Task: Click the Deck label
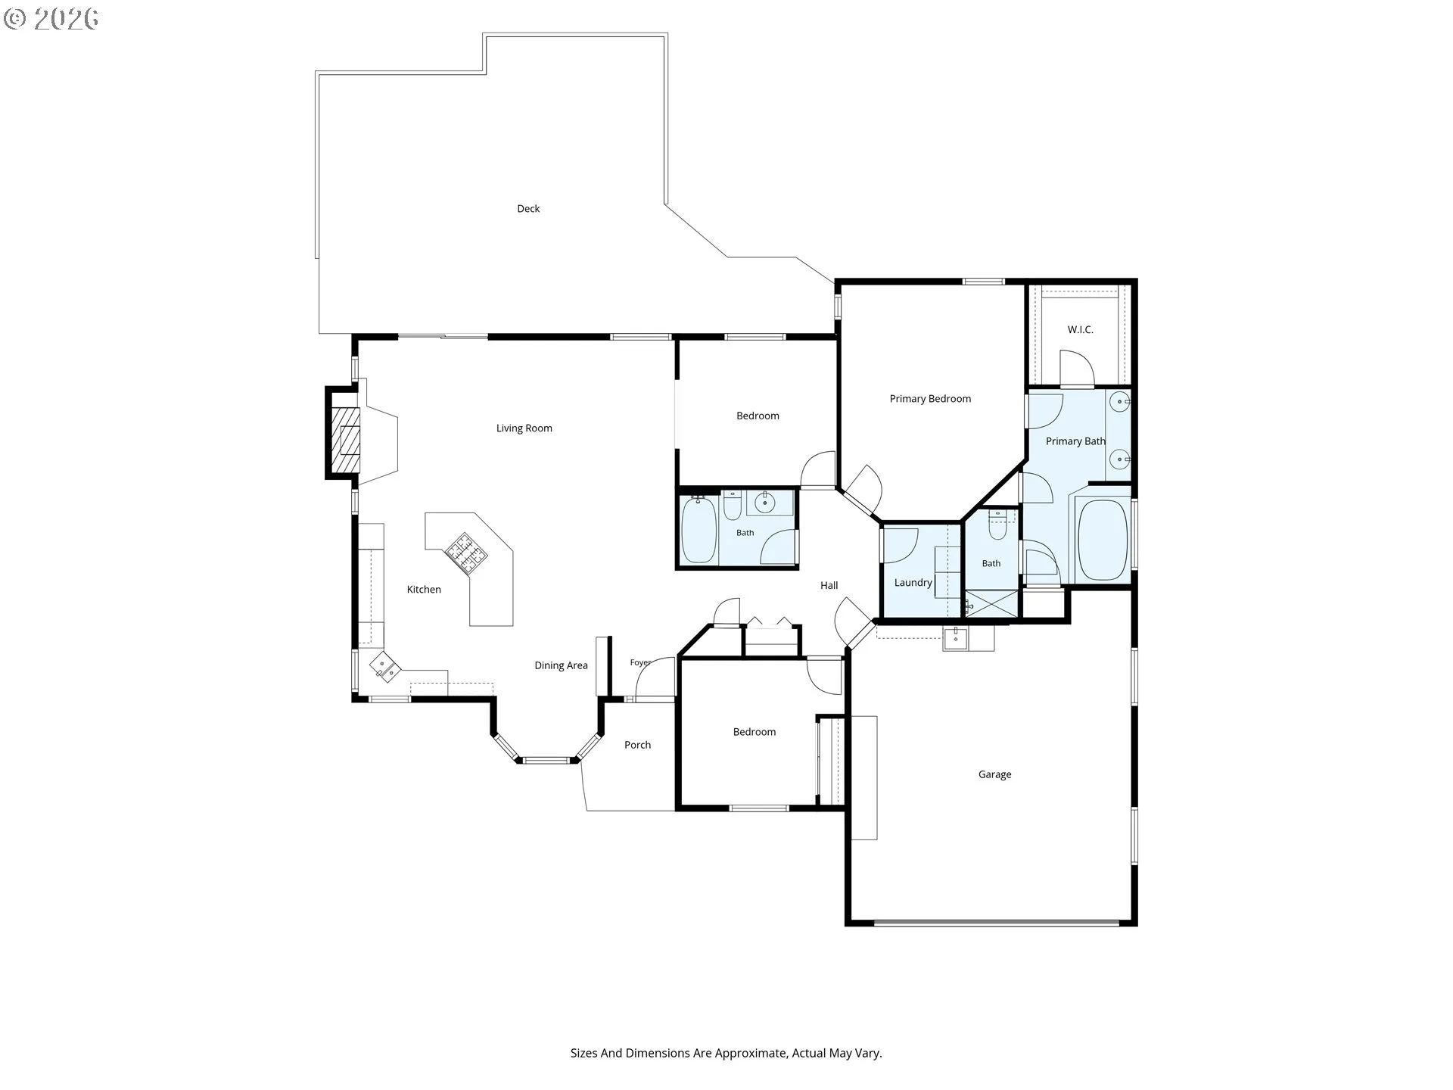click(x=528, y=209)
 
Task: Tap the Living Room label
click(x=524, y=428)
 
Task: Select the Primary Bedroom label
click(x=930, y=399)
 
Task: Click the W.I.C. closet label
click(x=1080, y=330)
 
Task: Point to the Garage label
click(x=994, y=774)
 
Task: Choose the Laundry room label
click(x=913, y=583)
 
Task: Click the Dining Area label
click(x=561, y=665)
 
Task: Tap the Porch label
click(x=637, y=745)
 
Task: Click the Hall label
click(x=829, y=585)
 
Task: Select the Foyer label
click(x=640, y=662)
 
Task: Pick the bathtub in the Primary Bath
click(x=1103, y=539)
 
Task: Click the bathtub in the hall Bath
click(x=698, y=530)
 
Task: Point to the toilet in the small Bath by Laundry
click(x=997, y=525)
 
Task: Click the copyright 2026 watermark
click(x=51, y=19)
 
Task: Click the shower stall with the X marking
click(x=991, y=603)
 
